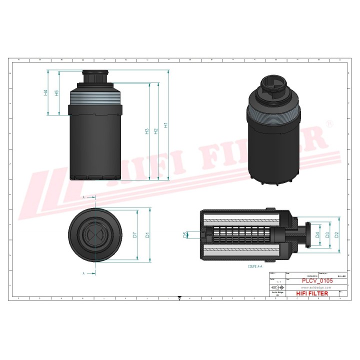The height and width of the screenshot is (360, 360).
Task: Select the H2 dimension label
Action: [x=156, y=131]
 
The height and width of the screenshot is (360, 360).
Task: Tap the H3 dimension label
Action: [x=147, y=131]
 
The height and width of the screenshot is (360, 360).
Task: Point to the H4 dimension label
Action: [x=45, y=92]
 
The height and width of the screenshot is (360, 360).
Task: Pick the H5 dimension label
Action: [x=57, y=93]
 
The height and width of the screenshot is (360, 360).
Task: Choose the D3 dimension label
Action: [x=327, y=234]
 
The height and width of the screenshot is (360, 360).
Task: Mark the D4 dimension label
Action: [x=317, y=234]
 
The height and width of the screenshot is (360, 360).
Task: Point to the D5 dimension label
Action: [x=185, y=234]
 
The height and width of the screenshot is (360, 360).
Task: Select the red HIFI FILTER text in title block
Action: [x=312, y=293]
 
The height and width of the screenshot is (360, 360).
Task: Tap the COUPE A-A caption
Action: [x=255, y=267]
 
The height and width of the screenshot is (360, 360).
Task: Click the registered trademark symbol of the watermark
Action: [x=328, y=122]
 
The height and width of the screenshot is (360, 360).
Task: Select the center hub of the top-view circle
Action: [x=95, y=234]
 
